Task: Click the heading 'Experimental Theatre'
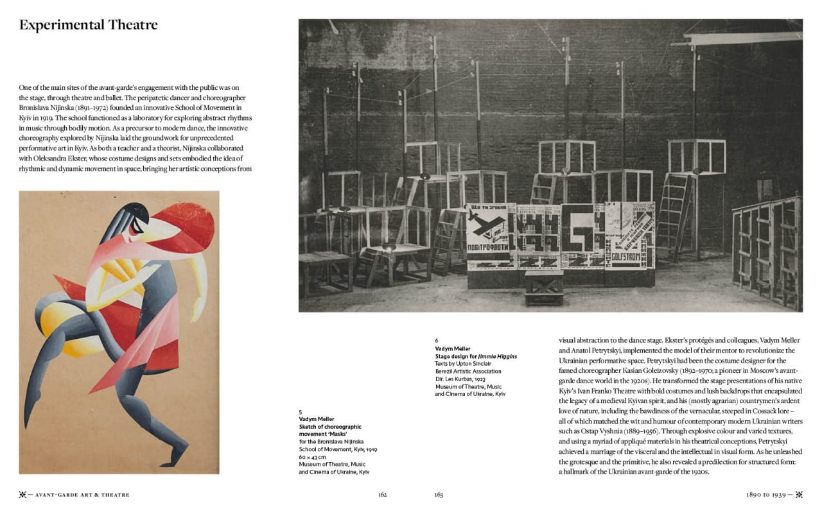click(88, 25)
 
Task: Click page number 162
click(382, 495)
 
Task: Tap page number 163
click(439, 495)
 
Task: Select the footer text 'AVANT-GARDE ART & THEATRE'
click(82, 495)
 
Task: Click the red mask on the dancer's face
click(186, 226)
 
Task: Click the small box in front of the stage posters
click(544, 286)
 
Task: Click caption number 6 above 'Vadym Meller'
click(437, 341)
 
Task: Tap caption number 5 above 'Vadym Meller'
click(301, 412)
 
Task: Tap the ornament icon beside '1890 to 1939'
click(800, 495)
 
